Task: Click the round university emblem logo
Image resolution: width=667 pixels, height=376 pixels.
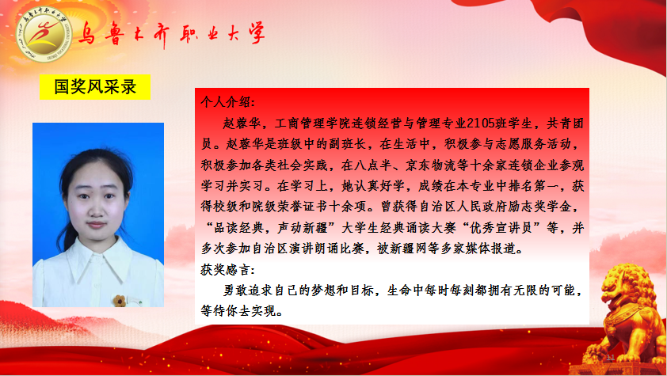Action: click(x=44, y=35)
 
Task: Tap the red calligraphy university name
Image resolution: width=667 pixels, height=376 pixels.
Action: click(x=171, y=33)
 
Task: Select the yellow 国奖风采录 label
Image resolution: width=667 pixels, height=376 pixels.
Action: click(x=95, y=87)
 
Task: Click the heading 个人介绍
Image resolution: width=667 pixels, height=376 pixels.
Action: click(x=228, y=102)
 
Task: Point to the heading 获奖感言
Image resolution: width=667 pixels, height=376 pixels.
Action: click(x=228, y=270)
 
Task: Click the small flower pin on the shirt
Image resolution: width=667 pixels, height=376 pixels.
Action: click(x=120, y=301)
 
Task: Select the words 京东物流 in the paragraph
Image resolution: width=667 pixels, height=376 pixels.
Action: click(x=430, y=165)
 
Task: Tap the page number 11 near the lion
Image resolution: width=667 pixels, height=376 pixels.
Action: click(x=611, y=357)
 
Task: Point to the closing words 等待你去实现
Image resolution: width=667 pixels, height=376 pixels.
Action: click(x=238, y=311)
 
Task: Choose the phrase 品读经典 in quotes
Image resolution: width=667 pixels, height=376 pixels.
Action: click(x=239, y=228)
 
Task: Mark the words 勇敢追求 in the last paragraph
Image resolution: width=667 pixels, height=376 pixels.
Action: click(x=249, y=291)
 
